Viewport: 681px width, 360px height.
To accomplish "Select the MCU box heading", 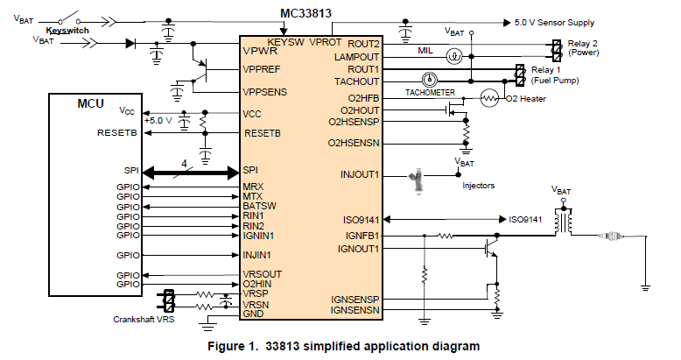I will coord(90,104).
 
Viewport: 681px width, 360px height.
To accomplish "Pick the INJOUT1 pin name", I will coord(359,173).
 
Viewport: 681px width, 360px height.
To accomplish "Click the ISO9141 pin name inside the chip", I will coord(362,219).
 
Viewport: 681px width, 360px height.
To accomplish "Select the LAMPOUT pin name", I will coord(359,56).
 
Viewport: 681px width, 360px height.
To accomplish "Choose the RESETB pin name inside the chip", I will coord(262,134).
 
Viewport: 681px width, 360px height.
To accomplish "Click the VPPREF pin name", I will coord(264,69).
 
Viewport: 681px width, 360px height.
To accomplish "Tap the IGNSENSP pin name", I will coord(355,300).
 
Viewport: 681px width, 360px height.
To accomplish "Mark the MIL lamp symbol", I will coord(453,56).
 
